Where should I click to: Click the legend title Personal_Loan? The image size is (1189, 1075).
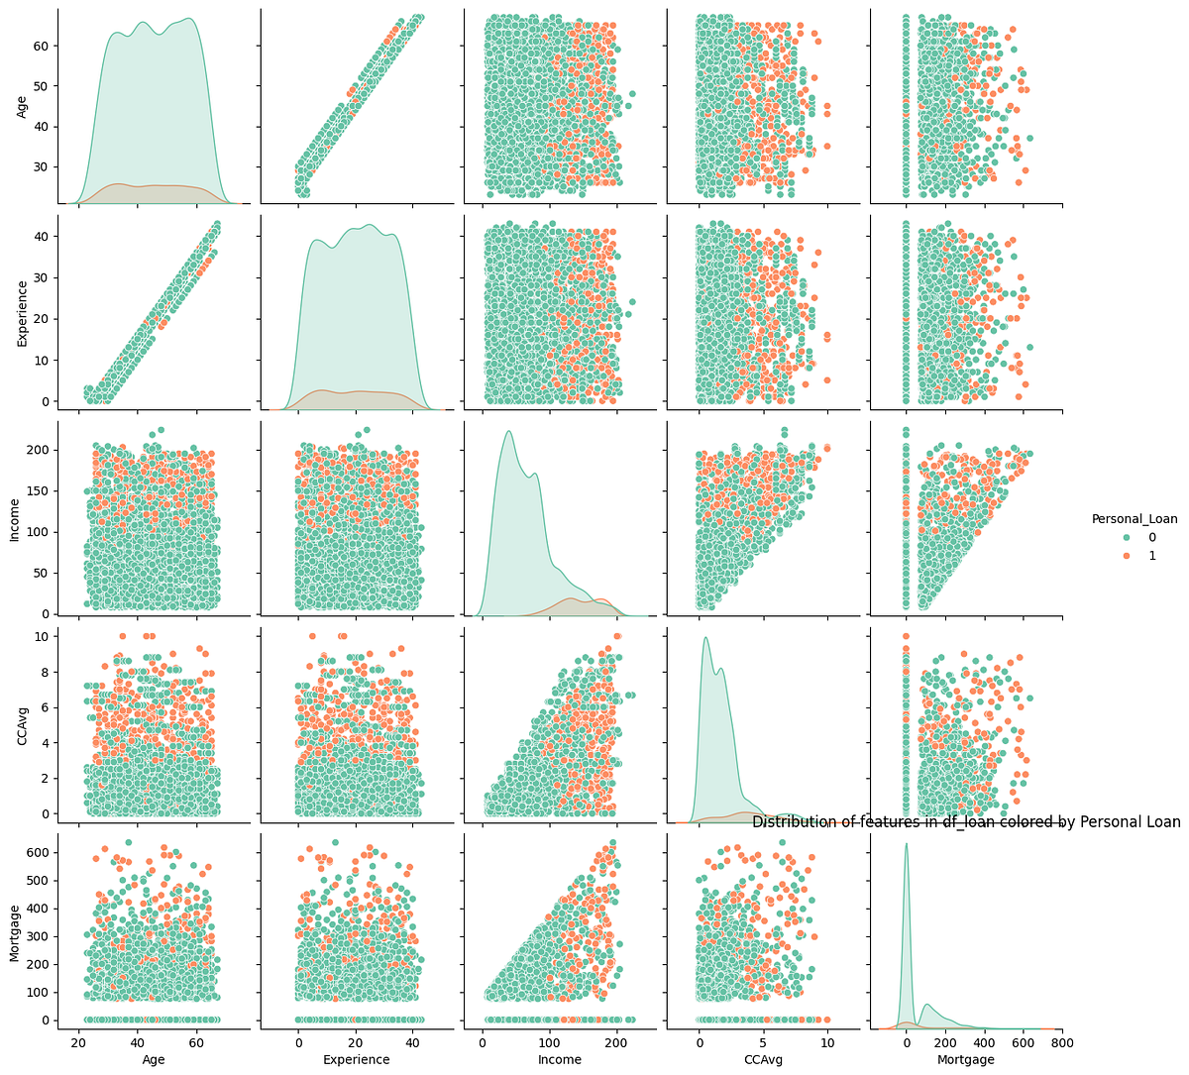[x=1135, y=518]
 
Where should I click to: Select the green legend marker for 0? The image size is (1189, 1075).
[x=1100, y=537]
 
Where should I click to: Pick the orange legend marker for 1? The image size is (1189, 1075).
[x=1100, y=556]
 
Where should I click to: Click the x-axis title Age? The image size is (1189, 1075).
[x=154, y=1059]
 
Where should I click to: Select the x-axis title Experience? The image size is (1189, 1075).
[x=356, y=1059]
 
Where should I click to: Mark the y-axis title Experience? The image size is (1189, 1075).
[x=23, y=312]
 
